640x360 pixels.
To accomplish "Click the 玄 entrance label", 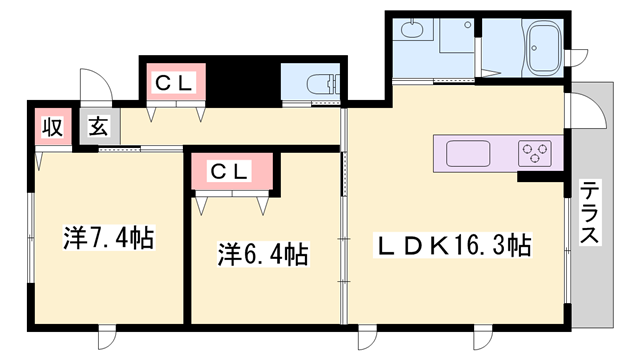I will (x=98, y=127).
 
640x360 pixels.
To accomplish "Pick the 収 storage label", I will (x=50, y=127).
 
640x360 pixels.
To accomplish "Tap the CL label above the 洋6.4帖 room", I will (x=228, y=170).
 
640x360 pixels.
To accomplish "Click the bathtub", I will (x=545, y=45).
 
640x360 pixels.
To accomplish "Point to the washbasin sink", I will (x=409, y=30).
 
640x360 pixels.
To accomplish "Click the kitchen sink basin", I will (x=469, y=153).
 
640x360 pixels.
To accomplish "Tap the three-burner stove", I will (x=535, y=153).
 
